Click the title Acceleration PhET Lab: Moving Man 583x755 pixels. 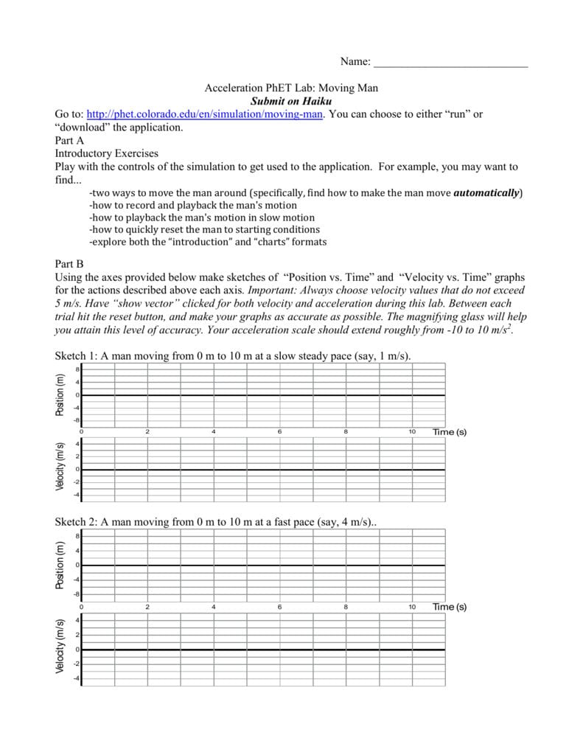[x=291, y=88]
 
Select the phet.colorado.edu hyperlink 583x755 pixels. [x=205, y=114]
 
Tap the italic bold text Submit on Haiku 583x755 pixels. [x=291, y=101]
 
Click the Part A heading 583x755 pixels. [x=70, y=140]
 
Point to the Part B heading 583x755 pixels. [x=70, y=263]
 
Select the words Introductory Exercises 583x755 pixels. [x=107, y=153]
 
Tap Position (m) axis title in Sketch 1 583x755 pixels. [x=60, y=394]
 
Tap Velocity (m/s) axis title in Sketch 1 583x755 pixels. [x=60, y=466]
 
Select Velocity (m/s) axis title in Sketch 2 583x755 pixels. [x=60, y=647]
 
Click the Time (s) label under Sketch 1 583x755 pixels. [x=449, y=431]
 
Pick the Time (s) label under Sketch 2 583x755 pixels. [x=449, y=607]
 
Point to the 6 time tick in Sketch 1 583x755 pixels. [x=280, y=431]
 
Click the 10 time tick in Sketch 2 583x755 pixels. [x=412, y=607]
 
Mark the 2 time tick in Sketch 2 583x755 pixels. [x=147, y=607]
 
